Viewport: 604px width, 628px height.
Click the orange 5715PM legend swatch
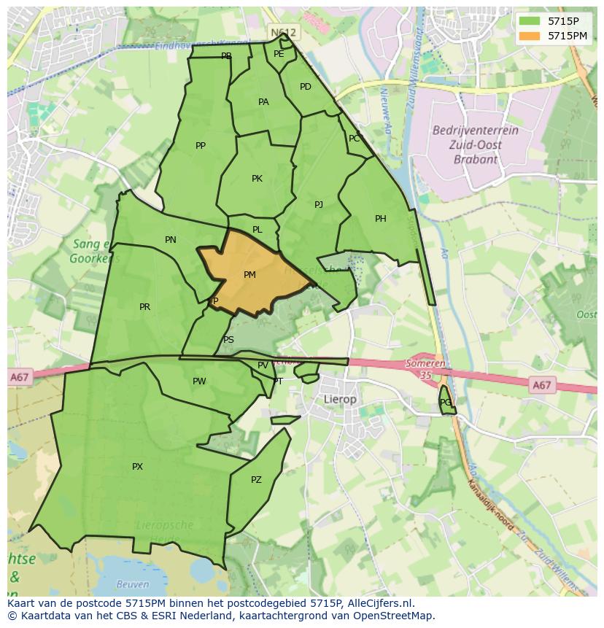pos(530,35)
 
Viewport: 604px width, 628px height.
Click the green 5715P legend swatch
pos(530,21)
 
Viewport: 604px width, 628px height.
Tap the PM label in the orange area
pos(249,275)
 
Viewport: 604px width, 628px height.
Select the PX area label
pos(137,467)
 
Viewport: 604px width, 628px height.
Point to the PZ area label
pos(256,480)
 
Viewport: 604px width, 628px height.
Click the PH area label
pos(380,219)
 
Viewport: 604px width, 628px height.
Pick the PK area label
pos(257,179)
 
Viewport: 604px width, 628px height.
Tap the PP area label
pos(201,146)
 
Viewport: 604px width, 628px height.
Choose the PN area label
pos(171,240)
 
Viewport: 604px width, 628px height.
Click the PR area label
pos(144,307)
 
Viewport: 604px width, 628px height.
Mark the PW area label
pos(199,381)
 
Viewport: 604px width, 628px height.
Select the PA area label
pos(263,102)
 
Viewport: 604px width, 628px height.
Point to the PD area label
pos(306,87)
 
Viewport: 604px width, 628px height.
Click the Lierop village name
pos(340,400)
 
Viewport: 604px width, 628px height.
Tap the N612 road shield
pos(283,33)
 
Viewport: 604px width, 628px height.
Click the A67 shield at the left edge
pos(20,377)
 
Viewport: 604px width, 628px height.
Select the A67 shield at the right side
pos(541,385)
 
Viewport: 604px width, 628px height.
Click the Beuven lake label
pos(133,584)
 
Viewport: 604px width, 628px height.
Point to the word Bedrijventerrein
pos(475,131)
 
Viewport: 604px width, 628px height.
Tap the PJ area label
pos(319,205)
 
